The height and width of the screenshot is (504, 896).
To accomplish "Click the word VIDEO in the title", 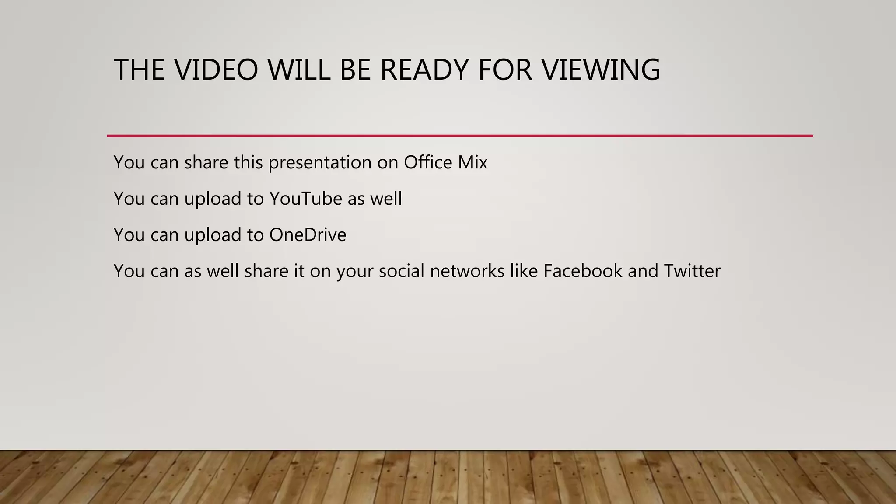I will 216,70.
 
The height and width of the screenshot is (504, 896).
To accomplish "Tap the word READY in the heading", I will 424,70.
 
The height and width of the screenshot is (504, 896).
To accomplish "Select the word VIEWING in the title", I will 601,70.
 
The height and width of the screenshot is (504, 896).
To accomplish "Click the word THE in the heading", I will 139,70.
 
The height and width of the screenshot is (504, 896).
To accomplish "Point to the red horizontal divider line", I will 459,136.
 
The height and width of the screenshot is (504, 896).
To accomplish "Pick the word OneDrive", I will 308,235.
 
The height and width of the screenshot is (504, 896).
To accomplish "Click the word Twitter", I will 692,271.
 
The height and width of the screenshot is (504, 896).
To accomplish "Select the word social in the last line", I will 402,271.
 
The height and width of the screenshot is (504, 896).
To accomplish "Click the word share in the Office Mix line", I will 206,162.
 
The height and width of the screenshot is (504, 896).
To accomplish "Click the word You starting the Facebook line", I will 129,271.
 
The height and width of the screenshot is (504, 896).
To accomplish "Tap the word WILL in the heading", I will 299,70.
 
